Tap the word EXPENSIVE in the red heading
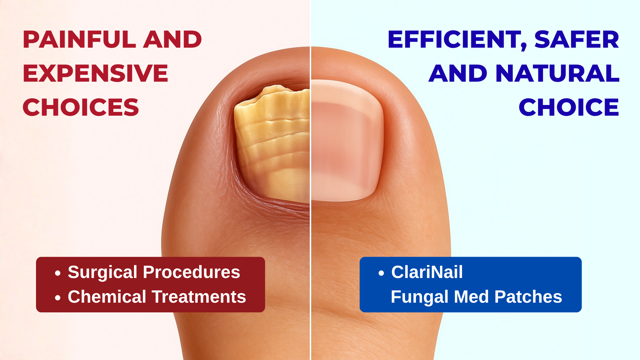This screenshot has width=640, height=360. (x=95, y=73)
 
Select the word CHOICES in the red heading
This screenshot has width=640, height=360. (x=81, y=107)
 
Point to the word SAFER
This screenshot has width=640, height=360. (x=577, y=39)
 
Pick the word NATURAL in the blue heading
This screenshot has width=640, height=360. (x=557, y=73)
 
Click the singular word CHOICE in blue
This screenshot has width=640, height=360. (x=569, y=107)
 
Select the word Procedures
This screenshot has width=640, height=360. (x=192, y=272)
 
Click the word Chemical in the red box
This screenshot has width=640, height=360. (x=107, y=297)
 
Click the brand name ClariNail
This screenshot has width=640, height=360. (x=427, y=272)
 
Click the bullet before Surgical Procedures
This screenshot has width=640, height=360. (x=58, y=273)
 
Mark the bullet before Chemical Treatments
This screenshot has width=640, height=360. (x=58, y=298)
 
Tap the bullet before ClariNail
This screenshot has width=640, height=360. (x=381, y=273)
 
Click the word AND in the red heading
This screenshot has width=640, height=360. (x=173, y=39)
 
